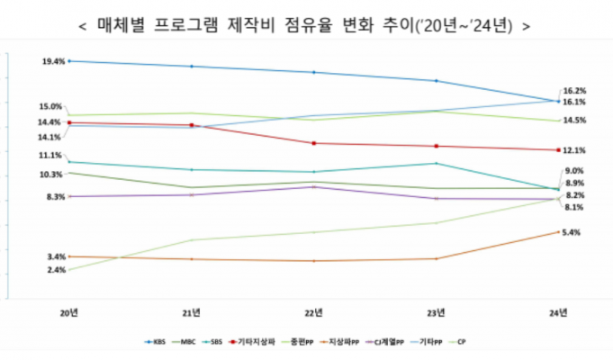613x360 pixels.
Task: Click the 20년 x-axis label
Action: (68, 312)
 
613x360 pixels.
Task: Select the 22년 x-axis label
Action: (313, 312)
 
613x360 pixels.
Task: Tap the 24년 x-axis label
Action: (558, 312)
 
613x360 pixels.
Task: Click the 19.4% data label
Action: (52, 61)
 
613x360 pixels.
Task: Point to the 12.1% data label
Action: (574, 150)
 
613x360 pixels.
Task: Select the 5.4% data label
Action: (570, 232)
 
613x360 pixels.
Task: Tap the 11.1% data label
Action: (50, 156)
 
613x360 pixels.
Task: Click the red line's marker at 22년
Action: (313, 143)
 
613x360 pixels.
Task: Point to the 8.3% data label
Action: (52, 196)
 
